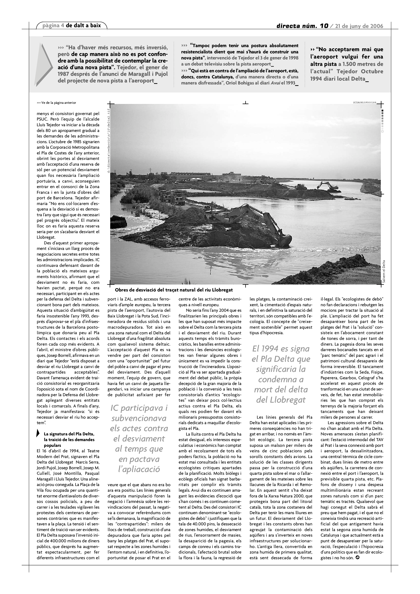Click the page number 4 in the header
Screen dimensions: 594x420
(63, 26)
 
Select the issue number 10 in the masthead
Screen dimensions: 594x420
(324, 26)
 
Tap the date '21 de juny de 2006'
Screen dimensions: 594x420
(359, 26)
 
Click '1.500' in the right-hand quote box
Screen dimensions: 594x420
(351, 64)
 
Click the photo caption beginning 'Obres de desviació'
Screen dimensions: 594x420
(174, 290)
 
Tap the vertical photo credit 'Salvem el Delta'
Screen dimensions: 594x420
(384, 273)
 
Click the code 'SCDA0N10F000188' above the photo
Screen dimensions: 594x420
(364, 102)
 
